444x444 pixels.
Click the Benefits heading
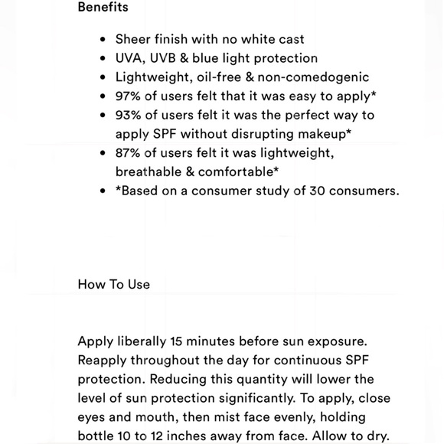(x=103, y=8)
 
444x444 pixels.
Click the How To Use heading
(x=113, y=284)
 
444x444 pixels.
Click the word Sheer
(x=133, y=39)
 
